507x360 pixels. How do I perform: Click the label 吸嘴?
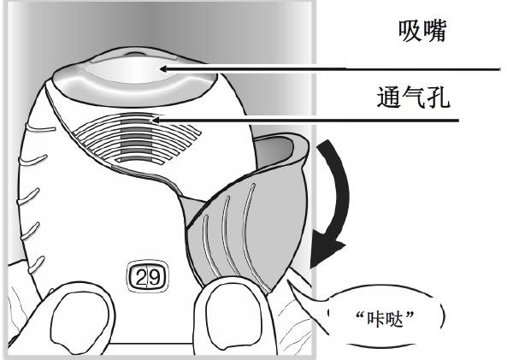click(422, 31)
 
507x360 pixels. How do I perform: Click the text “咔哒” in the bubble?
click(385, 319)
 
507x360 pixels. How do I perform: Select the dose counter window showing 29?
click(147, 277)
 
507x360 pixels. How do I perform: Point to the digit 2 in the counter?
click(141, 278)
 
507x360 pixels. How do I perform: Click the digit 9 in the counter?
click(155, 278)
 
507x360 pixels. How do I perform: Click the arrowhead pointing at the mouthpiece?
click(163, 68)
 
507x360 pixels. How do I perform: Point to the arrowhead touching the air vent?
click(156, 121)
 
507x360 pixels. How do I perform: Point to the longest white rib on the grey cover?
click(246, 233)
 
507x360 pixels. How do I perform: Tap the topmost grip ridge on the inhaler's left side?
click(40, 128)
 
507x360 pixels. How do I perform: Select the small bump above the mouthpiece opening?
click(135, 54)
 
